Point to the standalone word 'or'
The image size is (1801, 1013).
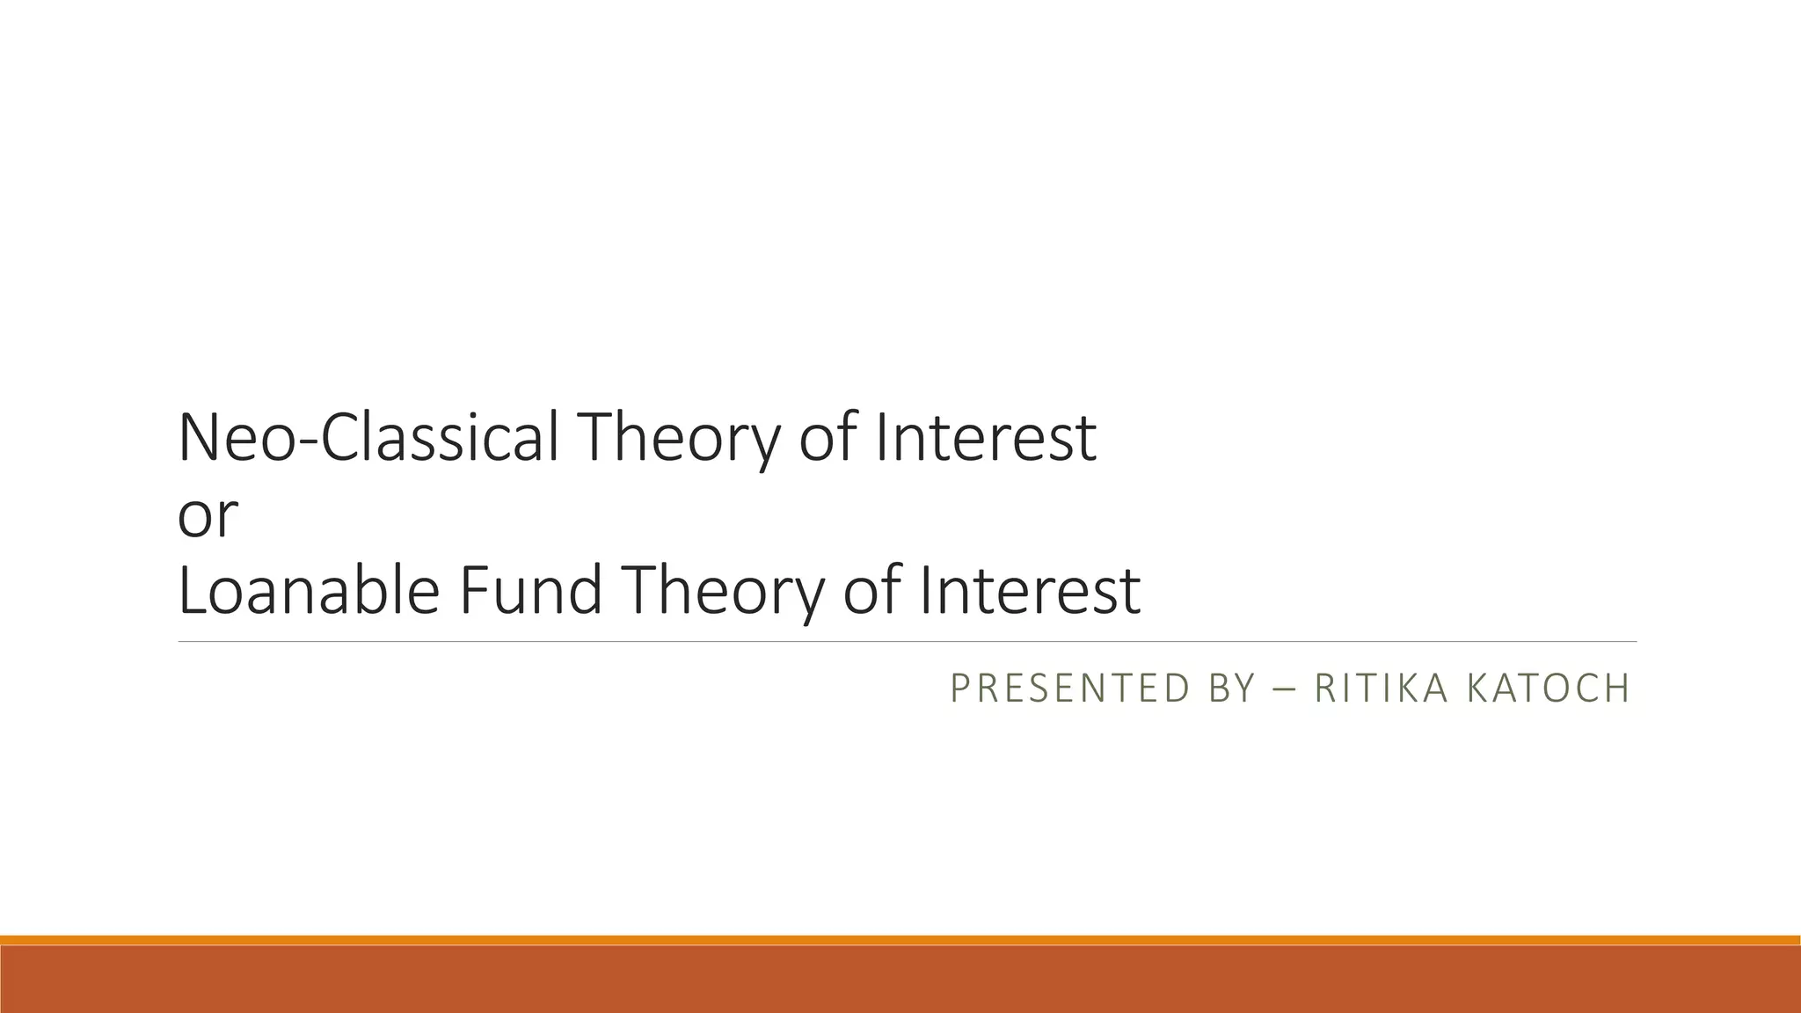pos(208,517)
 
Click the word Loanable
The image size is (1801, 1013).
pos(308,591)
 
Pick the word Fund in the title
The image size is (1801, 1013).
pos(530,591)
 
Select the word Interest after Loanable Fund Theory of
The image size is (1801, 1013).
pos(1030,591)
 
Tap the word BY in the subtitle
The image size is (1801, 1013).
pos(1231,689)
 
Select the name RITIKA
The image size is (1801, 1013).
pos(1381,689)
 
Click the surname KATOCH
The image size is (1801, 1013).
pos(1549,689)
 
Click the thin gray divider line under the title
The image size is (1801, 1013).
pos(906,642)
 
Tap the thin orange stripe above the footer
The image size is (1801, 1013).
pos(900,940)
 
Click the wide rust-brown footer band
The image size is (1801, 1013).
pos(900,980)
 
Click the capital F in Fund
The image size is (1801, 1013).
pos(470,591)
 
